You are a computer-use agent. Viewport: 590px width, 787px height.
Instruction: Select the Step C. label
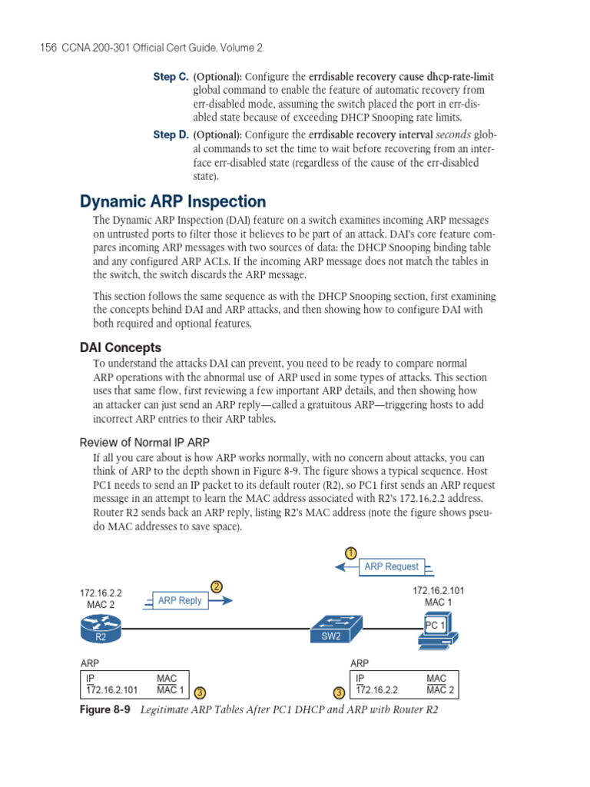click(x=171, y=77)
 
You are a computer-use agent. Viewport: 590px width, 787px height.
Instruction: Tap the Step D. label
click(x=171, y=134)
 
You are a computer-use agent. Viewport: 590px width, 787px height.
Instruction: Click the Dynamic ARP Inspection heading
click(x=173, y=201)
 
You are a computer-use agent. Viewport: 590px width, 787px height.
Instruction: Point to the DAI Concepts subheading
click(x=121, y=347)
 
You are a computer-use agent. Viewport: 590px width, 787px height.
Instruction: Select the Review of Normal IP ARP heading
click(x=145, y=442)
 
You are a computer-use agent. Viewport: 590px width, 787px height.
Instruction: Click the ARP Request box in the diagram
click(x=391, y=567)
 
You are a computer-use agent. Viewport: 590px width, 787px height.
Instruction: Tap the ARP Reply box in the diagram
click(x=180, y=601)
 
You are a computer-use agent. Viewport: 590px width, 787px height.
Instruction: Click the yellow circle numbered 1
click(x=350, y=553)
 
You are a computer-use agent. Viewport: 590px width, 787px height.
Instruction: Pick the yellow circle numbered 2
click(x=217, y=587)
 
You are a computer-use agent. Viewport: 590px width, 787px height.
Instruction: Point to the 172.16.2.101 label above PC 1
click(x=439, y=590)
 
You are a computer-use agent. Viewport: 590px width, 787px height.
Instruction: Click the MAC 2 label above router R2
click(x=101, y=605)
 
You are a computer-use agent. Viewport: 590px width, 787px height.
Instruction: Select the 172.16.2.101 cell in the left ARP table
click(x=112, y=690)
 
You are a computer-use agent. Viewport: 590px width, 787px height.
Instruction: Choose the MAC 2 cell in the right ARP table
click(x=440, y=690)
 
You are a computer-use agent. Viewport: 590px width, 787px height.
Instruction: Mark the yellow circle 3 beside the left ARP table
click(x=200, y=693)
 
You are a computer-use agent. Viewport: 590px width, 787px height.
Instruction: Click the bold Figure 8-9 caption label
click(x=106, y=710)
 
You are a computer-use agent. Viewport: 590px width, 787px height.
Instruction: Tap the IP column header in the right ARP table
click(x=360, y=679)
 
